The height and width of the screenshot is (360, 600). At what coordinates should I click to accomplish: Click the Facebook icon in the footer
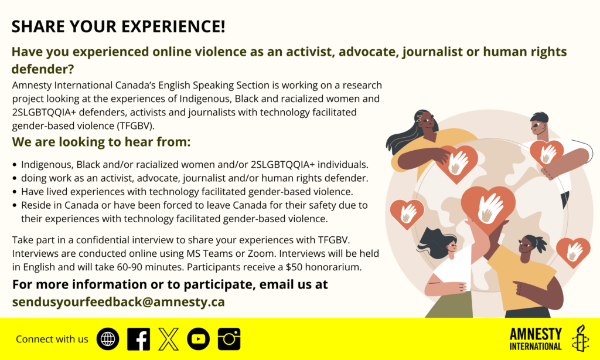(x=138, y=339)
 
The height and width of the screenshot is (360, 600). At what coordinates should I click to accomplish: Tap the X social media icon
(x=169, y=339)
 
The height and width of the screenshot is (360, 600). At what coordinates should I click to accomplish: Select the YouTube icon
(x=199, y=339)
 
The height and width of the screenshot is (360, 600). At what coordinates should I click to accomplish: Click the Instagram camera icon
(x=229, y=339)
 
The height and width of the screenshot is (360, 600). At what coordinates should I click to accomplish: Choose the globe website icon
(x=108, y=339)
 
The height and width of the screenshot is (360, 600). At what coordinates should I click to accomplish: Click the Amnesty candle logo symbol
(x=580, y=338)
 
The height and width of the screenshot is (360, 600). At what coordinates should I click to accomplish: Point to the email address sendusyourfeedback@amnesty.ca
(x=118, y=302)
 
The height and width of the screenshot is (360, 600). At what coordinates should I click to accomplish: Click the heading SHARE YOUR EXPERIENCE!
(x=118, y=26)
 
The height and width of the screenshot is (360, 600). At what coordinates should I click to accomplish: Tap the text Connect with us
(x=52, y=339)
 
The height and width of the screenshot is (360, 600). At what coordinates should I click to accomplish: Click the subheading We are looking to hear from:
(x=101, y=142)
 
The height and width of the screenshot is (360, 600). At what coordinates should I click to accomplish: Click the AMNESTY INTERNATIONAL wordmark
(x=536, y=338)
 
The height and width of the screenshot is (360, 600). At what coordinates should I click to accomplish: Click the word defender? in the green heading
(x=43, y=69)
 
